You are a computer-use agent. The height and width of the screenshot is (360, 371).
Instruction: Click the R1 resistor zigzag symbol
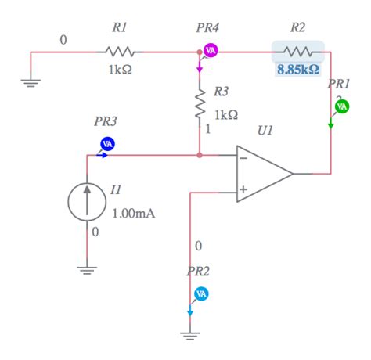coord(120,52)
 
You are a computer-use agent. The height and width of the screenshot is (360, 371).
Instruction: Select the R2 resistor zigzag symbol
coord(298,52)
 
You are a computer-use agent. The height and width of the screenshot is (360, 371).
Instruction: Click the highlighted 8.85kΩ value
coord(298,69)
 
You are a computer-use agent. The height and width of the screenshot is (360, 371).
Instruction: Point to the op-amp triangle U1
coord(263,173)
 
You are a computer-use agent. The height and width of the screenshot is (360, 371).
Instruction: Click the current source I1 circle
coord(88,201)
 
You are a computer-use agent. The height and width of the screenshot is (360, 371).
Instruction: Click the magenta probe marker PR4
coord(210,51)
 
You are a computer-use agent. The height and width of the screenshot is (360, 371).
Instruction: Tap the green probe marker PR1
coord(342,106)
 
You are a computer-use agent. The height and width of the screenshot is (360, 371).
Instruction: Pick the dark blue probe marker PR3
coord(108,143)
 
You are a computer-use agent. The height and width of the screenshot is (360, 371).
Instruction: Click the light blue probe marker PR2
coord(201,293)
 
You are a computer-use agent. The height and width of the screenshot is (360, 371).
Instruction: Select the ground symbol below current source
coord(88,270)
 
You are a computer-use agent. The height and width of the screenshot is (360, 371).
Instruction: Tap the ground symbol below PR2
coord(190,336)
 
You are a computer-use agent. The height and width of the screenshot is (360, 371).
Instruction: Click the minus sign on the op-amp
coord(244,157)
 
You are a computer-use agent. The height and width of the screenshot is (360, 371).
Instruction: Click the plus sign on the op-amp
coord(244,189)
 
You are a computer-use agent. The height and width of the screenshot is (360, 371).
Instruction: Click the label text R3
coord(222,92)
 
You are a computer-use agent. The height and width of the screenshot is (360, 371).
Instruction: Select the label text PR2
coord(198,272)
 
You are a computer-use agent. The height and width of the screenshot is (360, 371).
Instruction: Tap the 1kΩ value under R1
coord(120,69)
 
